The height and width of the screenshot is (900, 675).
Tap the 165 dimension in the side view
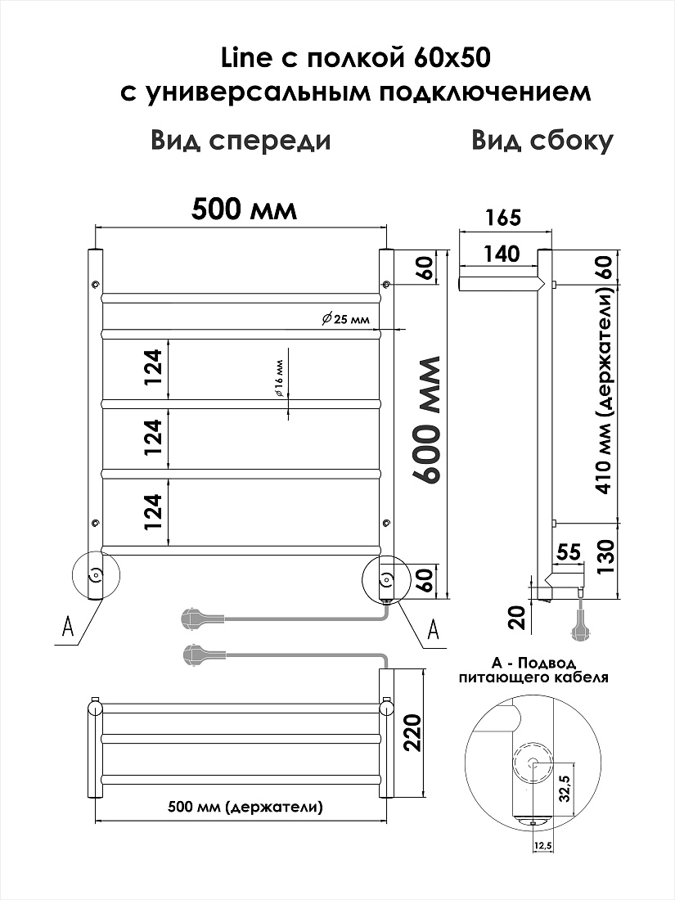click(503, 218)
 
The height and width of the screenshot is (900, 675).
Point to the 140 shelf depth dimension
click(502, 254)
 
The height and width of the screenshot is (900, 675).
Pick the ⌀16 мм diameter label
click(279, 378)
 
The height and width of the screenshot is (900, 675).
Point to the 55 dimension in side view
click(569, 551)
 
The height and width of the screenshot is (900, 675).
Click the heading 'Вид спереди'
click(241, 141)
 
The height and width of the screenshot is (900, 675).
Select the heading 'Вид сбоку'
click(542, 141)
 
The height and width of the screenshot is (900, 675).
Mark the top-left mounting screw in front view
click(95, 285)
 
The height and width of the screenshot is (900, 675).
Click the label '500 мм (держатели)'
click(245, 808)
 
